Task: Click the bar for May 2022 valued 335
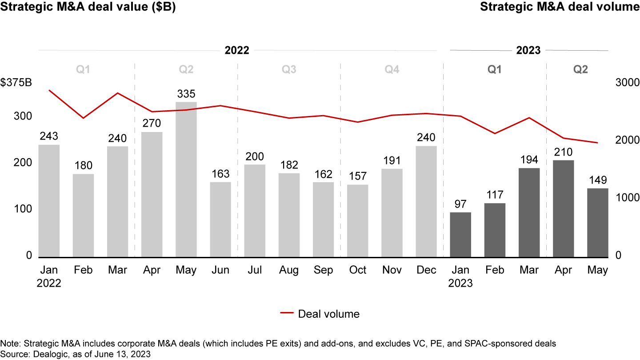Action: pos(186,180)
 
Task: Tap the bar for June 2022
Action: pos(220,220)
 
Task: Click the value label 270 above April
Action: pos(152,123)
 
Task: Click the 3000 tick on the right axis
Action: pos(627,83)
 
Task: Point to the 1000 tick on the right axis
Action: pos(627,198)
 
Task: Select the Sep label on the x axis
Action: pos(323,270)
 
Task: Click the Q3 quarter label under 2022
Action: pos(289,69)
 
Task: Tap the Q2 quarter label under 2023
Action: pos(580,69)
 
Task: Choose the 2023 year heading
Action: pos(528,50)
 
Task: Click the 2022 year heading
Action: pos(236,50)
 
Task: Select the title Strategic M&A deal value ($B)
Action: pos(88,8)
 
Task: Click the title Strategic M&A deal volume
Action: pos(560,8)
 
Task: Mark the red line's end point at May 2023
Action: pos(597,143)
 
